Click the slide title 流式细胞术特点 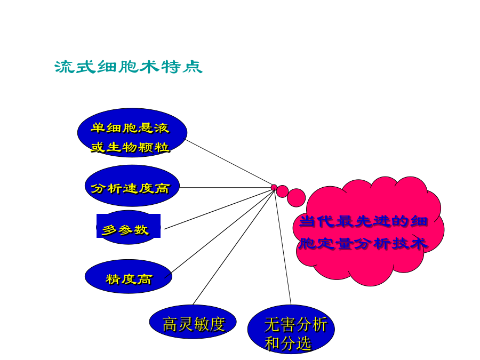pyautogui.click(x=128, y=67)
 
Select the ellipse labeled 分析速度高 pyautogui.click(x=132, y=186)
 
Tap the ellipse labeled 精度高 pyautogui.click(x=129, y=276)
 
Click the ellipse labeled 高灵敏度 pyautogui.click(x=193, y=322)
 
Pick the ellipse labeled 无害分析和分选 pyautogui.click(x=291, y=330)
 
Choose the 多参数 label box pyautogui.click(x=129, y=226)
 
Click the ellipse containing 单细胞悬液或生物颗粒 pyautogui.click(x=132, y=133)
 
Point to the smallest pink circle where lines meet pyautogui.click(x=274, y=187)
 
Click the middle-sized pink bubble pyautogui.click(x=283, y=191)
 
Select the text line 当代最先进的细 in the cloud pyautogui.click(x=363, y=221)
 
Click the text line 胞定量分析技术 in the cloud pyautogui.click(x=363, y=244)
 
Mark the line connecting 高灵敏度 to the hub pyautogui.click(x=234, y=247)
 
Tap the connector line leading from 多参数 pyautogui.click(x=218, y=209)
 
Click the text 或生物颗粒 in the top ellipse pyautogui.click(x=130, y=148)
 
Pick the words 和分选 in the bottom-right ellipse pyautogui.click(x=288, y=343)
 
